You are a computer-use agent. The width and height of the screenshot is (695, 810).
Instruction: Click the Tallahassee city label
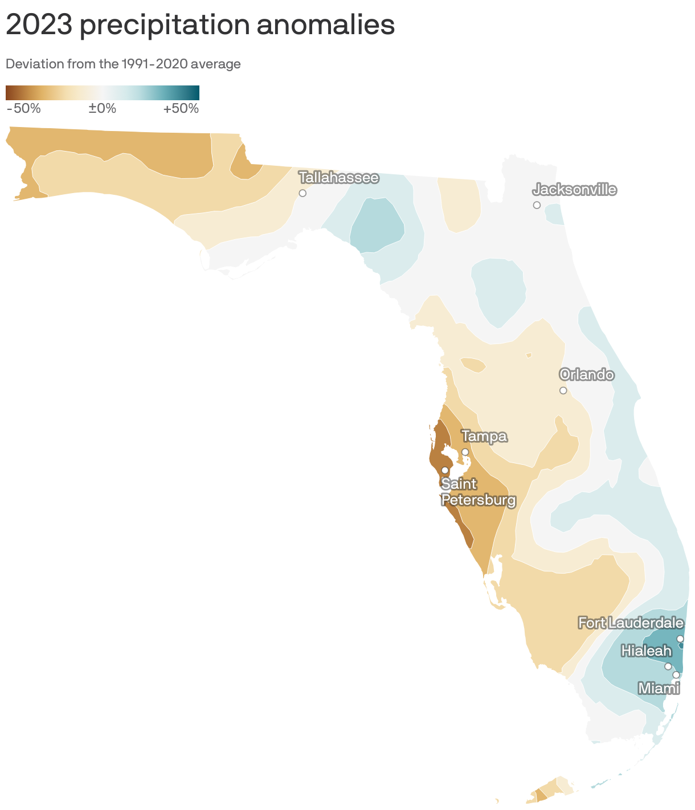pyautogui.click(x=338, y=178)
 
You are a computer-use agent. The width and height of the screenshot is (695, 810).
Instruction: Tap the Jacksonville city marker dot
pyautogui.click(x=537, y=205)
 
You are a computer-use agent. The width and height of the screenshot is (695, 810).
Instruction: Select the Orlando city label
pyautogui.click(x=586, y=375)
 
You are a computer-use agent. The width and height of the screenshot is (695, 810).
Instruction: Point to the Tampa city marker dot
pyautogui.click(x=465, y=452)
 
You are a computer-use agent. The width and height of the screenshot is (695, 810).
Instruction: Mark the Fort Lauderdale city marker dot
pyautogui.click(x=680, y=639)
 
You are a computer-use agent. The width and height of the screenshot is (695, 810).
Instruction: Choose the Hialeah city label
pyautogui.click(x=646, y=651)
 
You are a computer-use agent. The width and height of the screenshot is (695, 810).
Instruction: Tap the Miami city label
pyautogui.click(x=659, y=689)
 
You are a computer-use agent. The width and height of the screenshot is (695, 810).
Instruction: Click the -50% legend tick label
pyautogui.click(x=23, y=108)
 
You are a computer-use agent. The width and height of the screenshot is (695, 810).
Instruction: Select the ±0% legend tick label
pyautogui.click(x=103, y=108)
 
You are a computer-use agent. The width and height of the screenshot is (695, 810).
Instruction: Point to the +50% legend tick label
pyautogui.click(x=181, y=108)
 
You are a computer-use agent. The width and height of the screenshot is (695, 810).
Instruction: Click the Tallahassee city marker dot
pyautogui.click(x=302, y=193)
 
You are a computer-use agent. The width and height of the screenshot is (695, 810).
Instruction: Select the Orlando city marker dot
pyautogui.click(x=563, y=390)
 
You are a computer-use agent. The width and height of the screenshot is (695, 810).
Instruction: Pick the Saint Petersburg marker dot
pyautogui.click(x=445, y=470)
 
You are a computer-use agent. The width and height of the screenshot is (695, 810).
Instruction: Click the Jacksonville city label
pyautogui.click(x=574, y=190)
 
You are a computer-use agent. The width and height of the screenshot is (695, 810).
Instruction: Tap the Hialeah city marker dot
pyautogui.click(x=668, y=666)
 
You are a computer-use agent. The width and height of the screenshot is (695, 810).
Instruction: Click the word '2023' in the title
pyautogui.click(x=38, y=26)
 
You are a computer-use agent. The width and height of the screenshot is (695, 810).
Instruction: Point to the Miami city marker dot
pyautogui.click(x=676, y=675)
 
